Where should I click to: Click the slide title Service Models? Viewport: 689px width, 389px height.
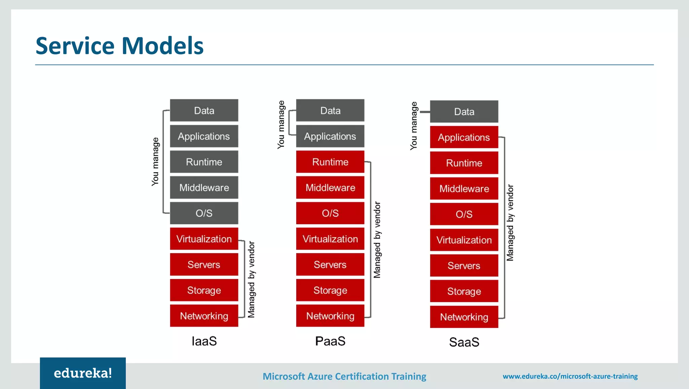tap(119, 46)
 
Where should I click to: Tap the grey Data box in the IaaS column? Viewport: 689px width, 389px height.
tap(204, 110)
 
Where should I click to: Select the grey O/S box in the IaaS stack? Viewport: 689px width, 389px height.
tap(204, 213)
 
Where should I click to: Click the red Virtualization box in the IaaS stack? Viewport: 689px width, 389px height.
tap(204, 239)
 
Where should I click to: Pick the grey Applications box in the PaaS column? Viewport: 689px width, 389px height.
tap(330, 136)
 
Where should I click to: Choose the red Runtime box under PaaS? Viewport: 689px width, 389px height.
tap(330, 162)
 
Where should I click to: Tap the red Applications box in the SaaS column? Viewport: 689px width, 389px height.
tap(464, 137)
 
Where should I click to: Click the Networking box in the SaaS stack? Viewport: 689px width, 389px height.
tap(464, 317)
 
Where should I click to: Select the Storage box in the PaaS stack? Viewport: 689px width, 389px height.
tap(330, 290)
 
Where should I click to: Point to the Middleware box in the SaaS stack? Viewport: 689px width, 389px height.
tap(464, 189)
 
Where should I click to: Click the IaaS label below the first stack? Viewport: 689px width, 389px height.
tap(204, 341)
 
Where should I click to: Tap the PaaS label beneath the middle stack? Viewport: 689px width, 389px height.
tap(330, 341)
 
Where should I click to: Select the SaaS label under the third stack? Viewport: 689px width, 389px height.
tap(464, 342)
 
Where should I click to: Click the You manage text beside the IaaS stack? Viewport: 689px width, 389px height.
tap(155, 161)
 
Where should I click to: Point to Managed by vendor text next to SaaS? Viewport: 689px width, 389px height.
tap(510, 223)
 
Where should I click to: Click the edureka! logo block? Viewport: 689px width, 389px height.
tap(83, 373)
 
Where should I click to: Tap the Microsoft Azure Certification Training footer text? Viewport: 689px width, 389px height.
tap(344, 376)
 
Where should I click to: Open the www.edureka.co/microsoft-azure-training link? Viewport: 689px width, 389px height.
tap(570, 376)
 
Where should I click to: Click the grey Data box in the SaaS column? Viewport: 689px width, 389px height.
tap(464, 112)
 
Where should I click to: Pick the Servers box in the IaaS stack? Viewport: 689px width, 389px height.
tap(204, 265)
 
